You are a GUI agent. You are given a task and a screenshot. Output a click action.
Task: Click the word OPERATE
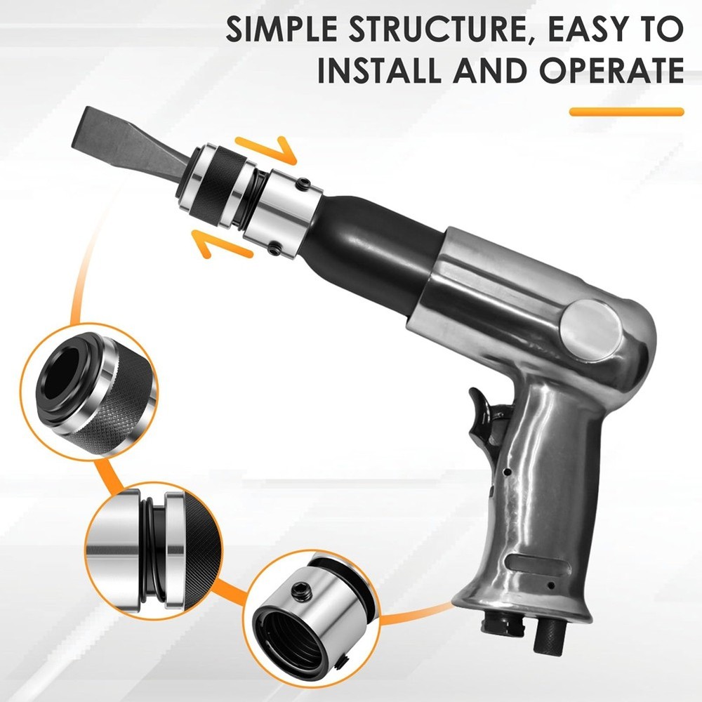[x=611, y=69]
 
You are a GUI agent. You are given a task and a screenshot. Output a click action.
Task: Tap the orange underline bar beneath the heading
[x=626, y=112]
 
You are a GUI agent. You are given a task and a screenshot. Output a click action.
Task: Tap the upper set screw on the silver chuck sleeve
[x=305, y=183]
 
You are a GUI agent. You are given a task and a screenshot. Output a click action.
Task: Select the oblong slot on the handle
[x=538, y=565]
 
